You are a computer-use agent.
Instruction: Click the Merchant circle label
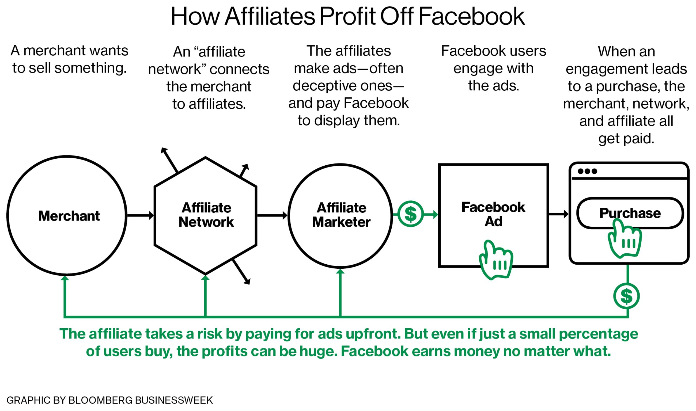point(69,216)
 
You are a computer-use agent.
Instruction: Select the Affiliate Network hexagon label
point(206,215)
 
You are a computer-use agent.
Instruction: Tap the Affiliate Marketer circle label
point(341,215)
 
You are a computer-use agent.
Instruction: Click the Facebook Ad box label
point(493,214)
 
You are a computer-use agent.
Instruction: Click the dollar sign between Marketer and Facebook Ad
point(411,214)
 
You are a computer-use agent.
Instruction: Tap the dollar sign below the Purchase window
point(626,296)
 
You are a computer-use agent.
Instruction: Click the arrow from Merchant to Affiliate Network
point(141,215)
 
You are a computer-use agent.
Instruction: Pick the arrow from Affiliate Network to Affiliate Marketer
point(272,215)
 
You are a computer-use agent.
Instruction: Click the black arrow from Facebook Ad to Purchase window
point(559,214)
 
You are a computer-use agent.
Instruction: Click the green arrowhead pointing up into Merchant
point(65,278)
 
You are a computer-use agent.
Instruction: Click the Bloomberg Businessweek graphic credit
point(110,400)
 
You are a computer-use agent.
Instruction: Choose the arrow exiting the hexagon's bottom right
point(241,272)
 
